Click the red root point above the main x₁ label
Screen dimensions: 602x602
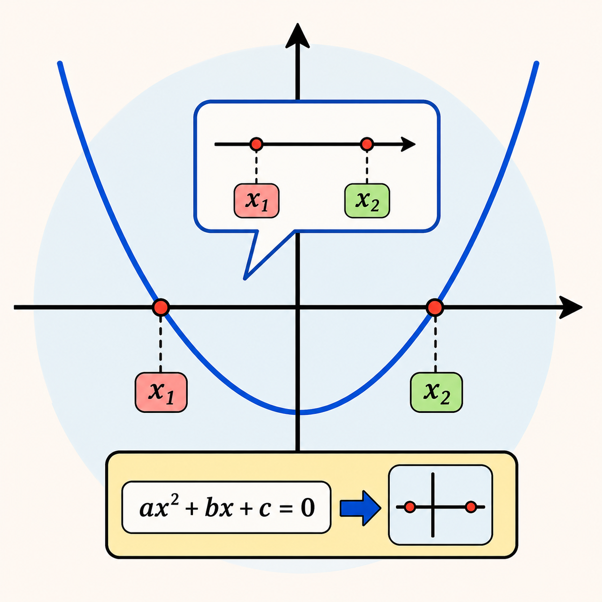point(161,307)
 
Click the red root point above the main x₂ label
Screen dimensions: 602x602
point(435,307)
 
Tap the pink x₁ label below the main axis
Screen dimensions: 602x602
point(161,392)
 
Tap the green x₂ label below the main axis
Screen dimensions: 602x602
point(436,392)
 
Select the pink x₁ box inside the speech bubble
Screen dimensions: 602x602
point(256,201)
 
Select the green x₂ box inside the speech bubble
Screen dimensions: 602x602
point(367,201)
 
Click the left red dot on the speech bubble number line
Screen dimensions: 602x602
point(256,144)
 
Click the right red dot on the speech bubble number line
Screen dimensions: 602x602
point(367,144)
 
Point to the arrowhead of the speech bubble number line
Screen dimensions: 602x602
point(408,144)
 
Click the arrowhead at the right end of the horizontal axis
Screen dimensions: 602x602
point(570,307)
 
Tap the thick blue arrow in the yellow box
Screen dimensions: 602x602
point(360,508)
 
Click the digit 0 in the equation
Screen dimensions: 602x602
point(308,507)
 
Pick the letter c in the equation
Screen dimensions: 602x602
point(265,510)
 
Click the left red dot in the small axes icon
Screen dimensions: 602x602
point(409,507)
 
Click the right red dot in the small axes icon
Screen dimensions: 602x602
point(471,507)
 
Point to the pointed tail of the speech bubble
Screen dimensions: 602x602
point(245,278)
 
